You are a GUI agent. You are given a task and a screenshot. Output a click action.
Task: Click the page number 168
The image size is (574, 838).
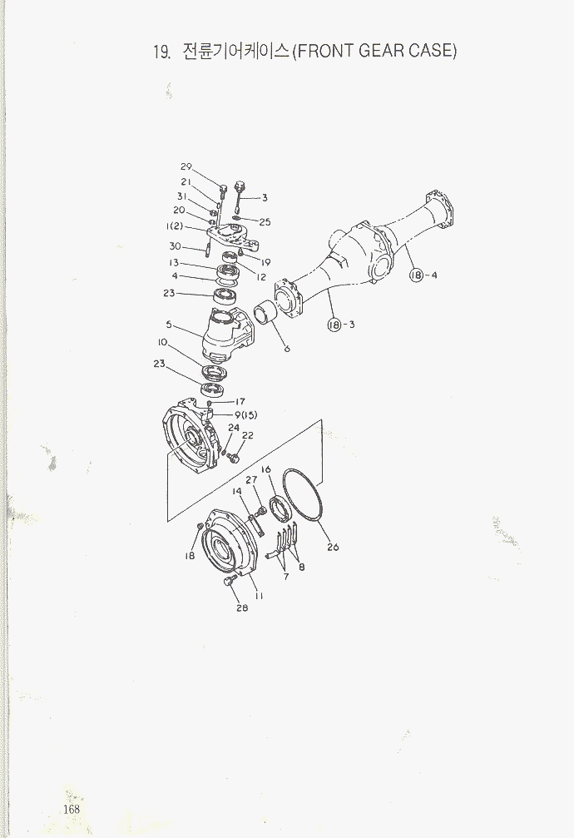(71, 809)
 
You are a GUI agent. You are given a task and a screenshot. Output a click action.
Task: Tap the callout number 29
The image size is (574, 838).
(186, 166)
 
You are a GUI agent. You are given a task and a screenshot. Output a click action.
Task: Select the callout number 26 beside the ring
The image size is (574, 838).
(333, 547)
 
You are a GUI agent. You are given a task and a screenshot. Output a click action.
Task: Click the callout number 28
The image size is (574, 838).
(242, 607)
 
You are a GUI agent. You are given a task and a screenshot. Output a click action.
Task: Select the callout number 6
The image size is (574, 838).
(287, 349)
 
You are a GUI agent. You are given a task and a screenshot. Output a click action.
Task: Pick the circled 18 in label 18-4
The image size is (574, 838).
(416, 275)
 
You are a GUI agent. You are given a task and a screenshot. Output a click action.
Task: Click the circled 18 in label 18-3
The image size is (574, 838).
(334, 325)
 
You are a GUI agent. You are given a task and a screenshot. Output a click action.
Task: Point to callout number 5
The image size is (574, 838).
(169, 325)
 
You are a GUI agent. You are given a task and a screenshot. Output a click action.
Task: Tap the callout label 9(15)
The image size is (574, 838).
(246, 414)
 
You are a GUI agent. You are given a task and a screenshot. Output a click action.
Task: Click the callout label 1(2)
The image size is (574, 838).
(174, 226)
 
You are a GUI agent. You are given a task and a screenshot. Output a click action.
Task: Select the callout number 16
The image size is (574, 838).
(265, 469)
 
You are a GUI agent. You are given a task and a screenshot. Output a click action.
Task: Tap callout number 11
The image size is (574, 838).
(259, 596)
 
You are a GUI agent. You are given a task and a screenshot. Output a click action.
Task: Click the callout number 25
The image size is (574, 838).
(265, 222)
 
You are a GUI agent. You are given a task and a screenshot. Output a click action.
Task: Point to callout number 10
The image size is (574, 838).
(162, 342)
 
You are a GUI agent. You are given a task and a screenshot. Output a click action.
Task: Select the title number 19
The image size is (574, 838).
(161, 52)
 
